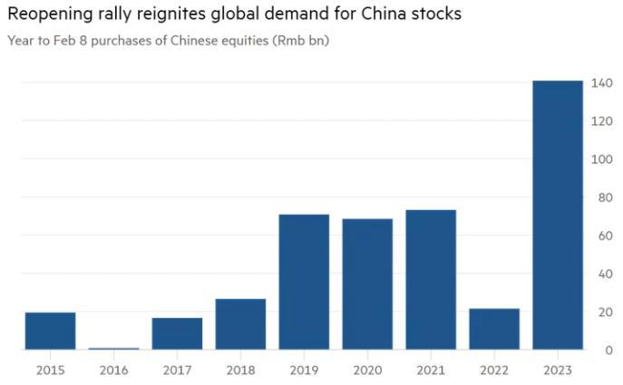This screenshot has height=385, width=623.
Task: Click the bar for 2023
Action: coord(558,215)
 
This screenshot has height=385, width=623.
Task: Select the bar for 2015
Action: coord(50,331)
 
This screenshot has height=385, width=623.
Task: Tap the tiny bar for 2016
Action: coord(113,348)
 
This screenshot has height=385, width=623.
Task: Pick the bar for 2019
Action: coord(304,282)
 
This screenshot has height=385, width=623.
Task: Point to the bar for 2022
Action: coord(494,329)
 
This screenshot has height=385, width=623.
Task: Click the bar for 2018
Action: coord(240,323)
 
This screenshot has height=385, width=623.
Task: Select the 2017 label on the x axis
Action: coord(177,370)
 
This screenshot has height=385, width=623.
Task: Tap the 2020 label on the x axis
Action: coord(367,370)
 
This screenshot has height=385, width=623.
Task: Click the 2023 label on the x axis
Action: coord(558,370)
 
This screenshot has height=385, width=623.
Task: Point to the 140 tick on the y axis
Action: coord(602,83)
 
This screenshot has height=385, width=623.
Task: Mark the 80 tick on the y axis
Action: coord(602,197)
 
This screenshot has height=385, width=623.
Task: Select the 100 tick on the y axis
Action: coord(602,159)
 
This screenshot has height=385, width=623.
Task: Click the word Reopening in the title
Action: coord(46,14)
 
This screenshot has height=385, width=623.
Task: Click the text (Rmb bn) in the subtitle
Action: coord(300,43)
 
